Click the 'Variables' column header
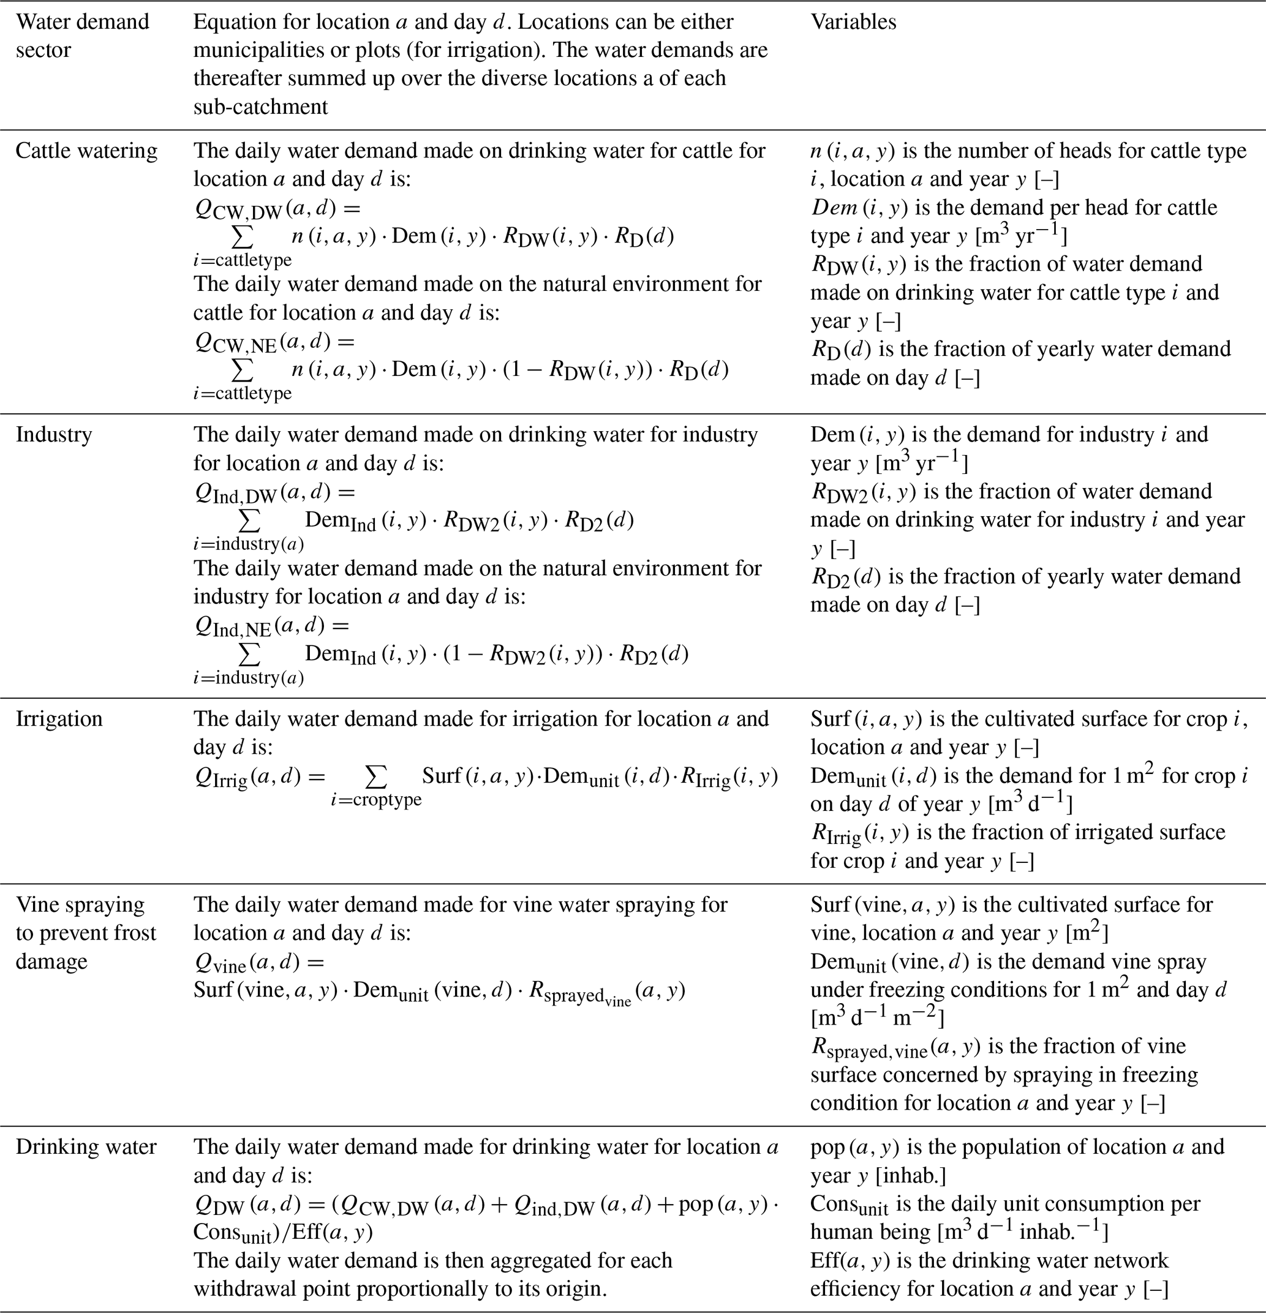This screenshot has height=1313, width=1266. click(853, 22)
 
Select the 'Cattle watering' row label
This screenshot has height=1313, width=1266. click(86, 151)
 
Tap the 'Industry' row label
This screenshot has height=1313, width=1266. click(53, 435)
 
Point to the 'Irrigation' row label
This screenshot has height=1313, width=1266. click(59, 719)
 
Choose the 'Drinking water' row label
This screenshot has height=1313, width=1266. click(86, 1147)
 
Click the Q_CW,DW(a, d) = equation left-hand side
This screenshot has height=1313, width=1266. click(277, 209)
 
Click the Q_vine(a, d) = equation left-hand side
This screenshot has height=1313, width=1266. click(258, 963)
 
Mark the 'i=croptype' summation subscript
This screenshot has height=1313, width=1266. click(377, 800)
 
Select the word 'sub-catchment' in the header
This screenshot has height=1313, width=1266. click(260, 107)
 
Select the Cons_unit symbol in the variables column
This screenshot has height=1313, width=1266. click(849, 1205)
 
